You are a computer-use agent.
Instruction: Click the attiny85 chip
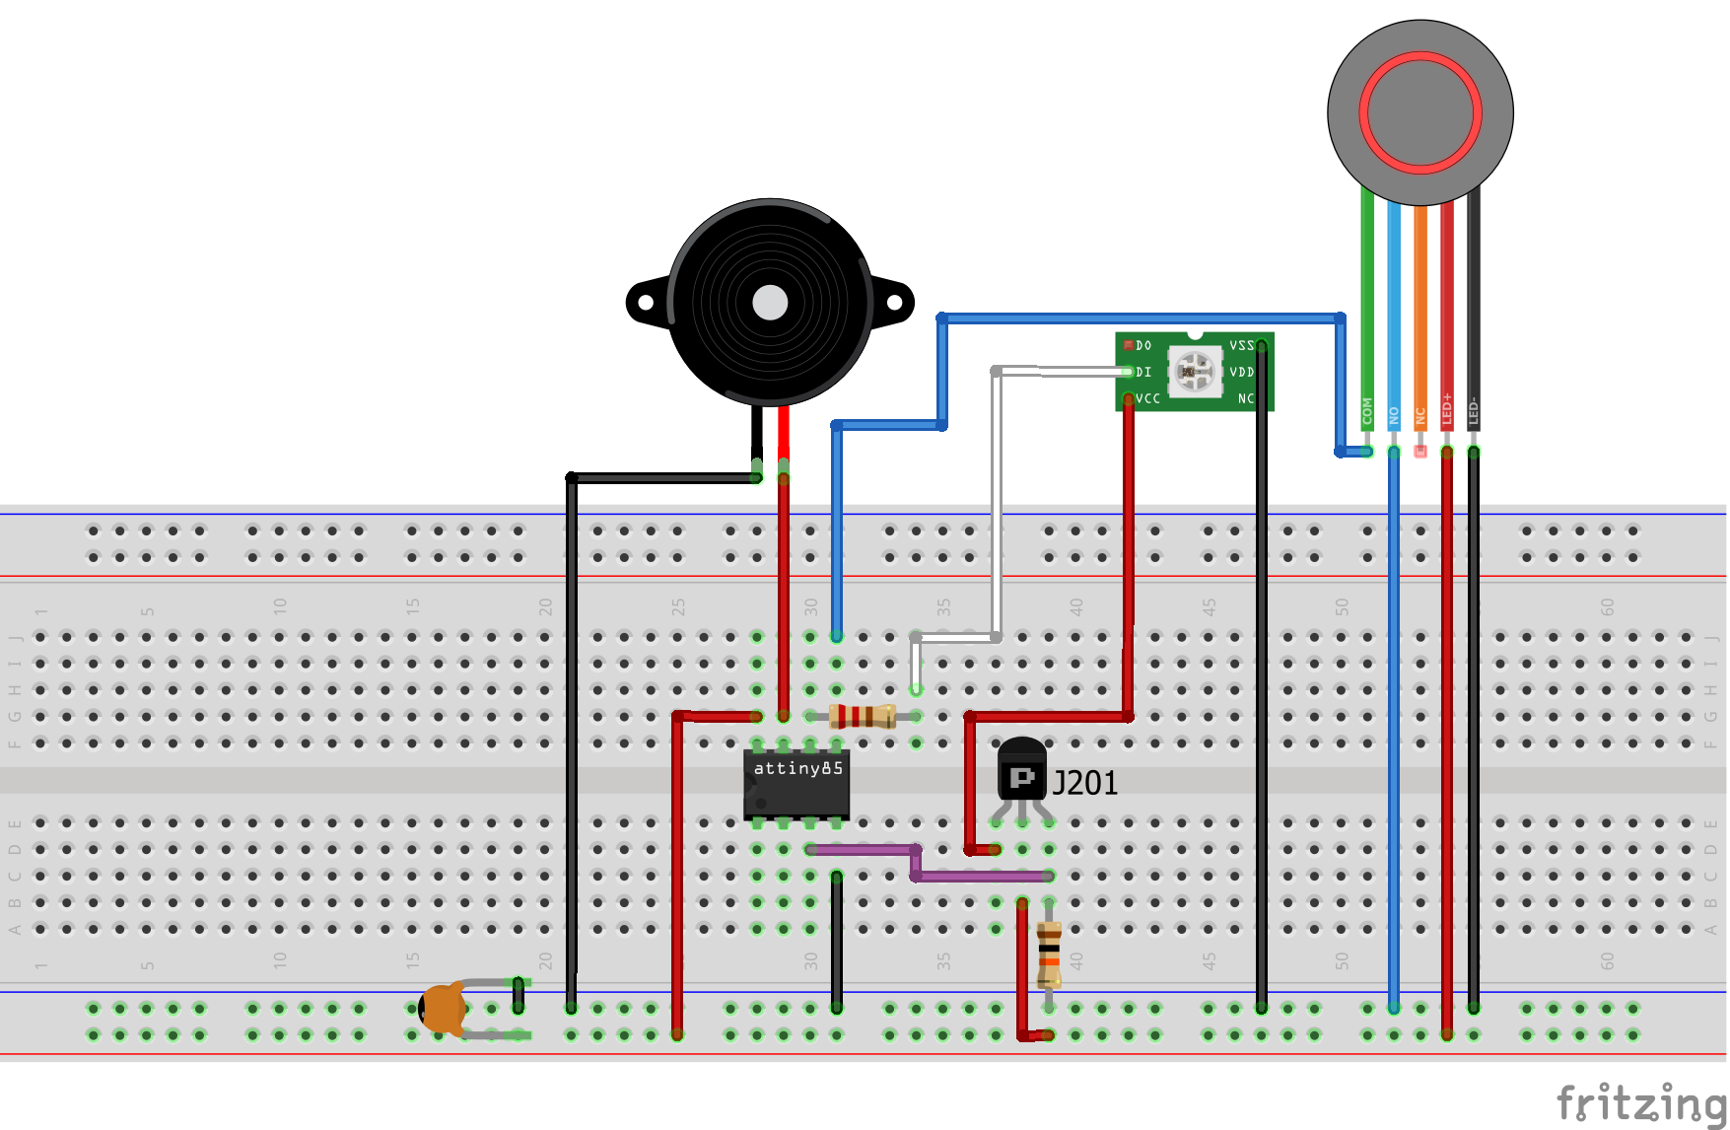click(x=796, y=785)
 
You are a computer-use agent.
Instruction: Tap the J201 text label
click(x=1085, y=783)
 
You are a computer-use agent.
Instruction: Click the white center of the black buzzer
click(x=770, y=303)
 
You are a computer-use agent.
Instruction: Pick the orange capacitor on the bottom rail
click(x=444, y=1008)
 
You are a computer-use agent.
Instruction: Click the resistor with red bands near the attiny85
click(x=863, y=716)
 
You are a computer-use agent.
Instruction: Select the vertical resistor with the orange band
click(x=1049, y=953)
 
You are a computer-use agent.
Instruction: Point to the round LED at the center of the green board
click(x=1195, y=371)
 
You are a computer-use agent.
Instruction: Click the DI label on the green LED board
click(x=1143, y=372)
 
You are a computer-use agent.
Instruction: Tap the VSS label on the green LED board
click(x=1241, y=346)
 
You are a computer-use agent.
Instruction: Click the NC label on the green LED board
click(x=1246, y=398)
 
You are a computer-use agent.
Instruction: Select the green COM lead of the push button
click(x=1367, y=296)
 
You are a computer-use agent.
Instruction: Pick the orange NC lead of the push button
click(x=1420, y=296)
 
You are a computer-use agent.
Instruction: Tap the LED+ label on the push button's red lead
click(x=1447, y=409)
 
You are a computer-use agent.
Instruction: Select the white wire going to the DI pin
click(x=997, y=493)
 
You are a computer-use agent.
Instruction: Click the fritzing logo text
click(x=1640, y=1102)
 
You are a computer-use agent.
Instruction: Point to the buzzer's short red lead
click(x=784, y=429)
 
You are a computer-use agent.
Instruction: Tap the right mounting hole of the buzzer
click(x=894, y=303)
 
